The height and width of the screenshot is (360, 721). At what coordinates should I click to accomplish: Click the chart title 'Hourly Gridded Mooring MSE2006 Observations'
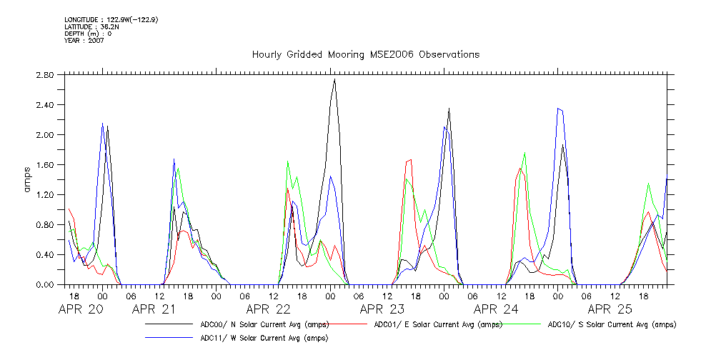[x=365, y=55]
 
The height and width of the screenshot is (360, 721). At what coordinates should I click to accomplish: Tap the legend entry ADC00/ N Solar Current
[x=253, y=324]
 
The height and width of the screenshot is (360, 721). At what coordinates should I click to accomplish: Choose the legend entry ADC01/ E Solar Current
[x=435, y=324]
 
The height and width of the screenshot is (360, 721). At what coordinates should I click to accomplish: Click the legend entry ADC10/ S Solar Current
[x=612, y=324]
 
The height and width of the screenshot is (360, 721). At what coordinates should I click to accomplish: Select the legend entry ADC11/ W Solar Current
[x=264, y=338]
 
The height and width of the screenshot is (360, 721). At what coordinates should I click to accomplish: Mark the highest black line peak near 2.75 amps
[x=334, y=79]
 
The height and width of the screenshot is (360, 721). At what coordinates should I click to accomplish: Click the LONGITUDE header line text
[x=111, y=19]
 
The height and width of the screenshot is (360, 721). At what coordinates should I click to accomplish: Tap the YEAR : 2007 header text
[x=84, y=41]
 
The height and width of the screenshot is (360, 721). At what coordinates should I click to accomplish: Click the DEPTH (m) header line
[x=88, y=34]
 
